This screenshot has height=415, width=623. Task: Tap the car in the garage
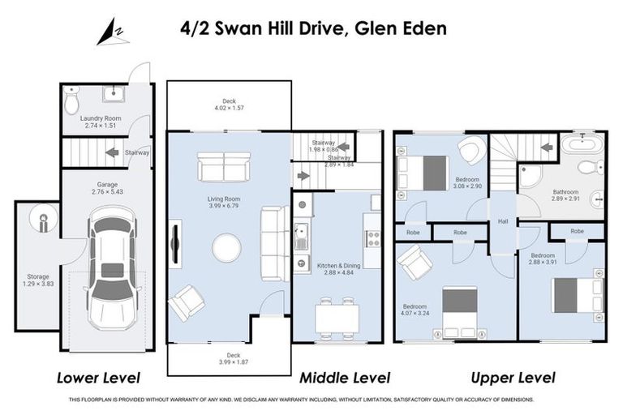pyautogui.click(x=113, y=267)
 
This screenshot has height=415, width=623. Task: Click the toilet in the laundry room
pyautogui.click(x=71, y=101)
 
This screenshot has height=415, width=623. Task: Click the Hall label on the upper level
pyautogui.click(x=502, y=220)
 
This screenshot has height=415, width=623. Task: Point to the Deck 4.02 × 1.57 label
pyautogui.click(x=229, y=104)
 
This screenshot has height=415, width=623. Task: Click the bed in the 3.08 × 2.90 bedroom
pyautogui.click(x=423, y=173)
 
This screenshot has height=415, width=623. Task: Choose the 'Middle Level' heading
pyautogui.click(x=344, y=378)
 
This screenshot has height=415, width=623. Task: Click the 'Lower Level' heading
pyautogui.click(x=98, y=378)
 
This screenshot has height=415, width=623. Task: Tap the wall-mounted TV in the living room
pyautogui.click(x=175, y=243)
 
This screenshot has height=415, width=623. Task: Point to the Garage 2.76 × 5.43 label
pyautogui.click(x=107, y=188)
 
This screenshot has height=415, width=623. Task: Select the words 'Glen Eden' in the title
pyautogui.click(x=402, y=28)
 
